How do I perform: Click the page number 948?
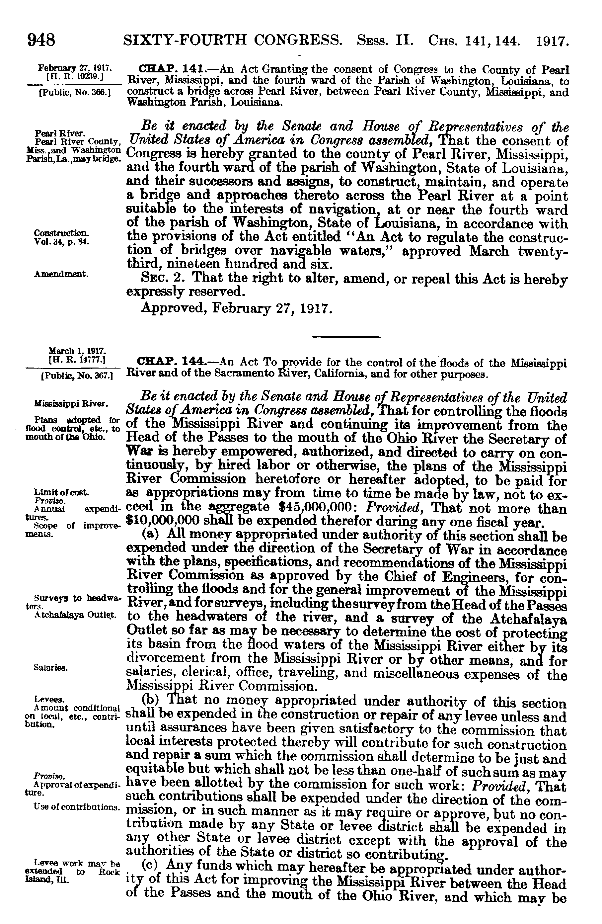click(x=41, y=41)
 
